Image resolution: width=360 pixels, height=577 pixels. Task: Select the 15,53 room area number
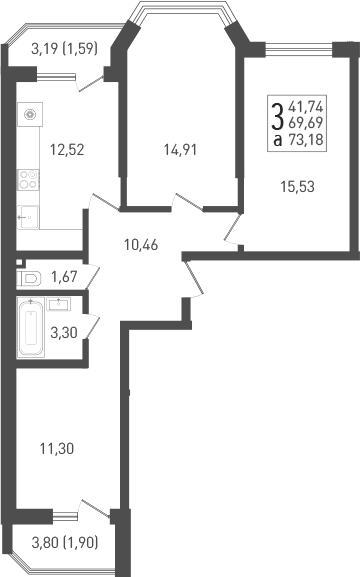click(x=297, y=184)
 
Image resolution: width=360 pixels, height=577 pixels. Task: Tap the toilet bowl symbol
click(x=29, y=277)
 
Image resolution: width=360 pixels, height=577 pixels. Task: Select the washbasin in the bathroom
click(x=59, y=303)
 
